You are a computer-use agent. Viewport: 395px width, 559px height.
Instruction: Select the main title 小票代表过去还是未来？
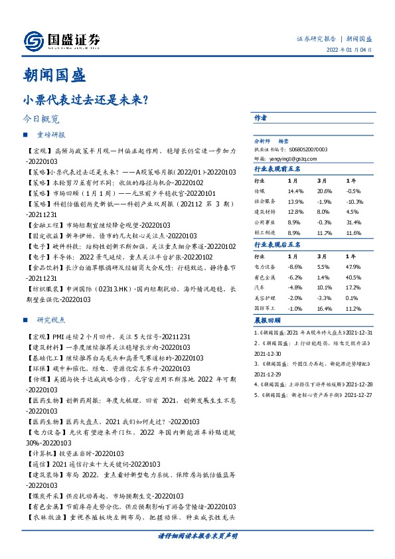point(85,100)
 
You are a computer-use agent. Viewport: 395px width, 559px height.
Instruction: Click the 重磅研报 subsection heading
point(50,134)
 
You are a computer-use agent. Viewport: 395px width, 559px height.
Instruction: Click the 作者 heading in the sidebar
point(260,117)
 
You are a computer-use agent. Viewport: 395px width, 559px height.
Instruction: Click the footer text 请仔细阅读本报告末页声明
point(197,535)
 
